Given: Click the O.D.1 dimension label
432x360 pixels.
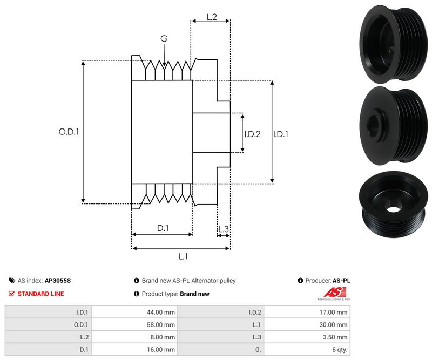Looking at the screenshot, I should (69, 131).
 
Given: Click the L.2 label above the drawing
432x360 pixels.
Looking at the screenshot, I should (211, 18).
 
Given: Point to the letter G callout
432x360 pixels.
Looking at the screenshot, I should (164, 38).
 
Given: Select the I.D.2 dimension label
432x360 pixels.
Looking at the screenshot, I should (252, 134).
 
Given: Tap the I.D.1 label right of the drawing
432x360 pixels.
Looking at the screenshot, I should (281, 134).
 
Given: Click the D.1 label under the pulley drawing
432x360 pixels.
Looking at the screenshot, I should (163, 228).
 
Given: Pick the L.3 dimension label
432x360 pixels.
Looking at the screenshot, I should (224, 230).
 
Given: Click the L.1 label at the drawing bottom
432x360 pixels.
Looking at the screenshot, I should (183, 256).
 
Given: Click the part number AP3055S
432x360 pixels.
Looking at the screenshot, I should (58, 281).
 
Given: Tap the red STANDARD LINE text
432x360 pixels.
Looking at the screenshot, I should (40, 294).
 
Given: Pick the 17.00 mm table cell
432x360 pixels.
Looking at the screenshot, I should (335, 311).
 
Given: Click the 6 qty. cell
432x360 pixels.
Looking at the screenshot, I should (339, 350).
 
